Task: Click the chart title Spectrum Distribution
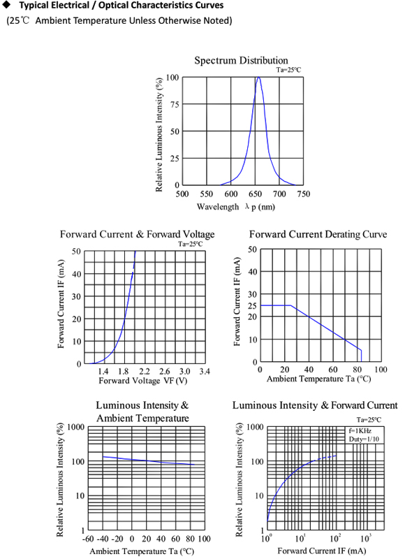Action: click(241, 60)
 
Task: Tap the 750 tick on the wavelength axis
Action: click(304, 195)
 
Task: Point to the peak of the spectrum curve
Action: click(258, 78)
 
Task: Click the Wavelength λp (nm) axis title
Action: click(235, 207)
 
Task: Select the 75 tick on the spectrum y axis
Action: click(174, 105)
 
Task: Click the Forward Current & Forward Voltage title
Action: click(137, 234)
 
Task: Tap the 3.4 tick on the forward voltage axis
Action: click(205, 371)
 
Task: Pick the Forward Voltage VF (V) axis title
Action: click(143, 381)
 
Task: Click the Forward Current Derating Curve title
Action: click(318, 234)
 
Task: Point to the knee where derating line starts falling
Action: click(290, 305)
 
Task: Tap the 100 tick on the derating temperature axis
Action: click(381, 370)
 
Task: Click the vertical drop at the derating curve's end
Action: click(361, 356)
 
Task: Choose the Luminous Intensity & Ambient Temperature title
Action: click(142, 412)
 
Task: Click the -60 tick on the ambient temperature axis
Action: click(88, 539)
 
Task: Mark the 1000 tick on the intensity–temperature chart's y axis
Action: click(74, 427)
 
